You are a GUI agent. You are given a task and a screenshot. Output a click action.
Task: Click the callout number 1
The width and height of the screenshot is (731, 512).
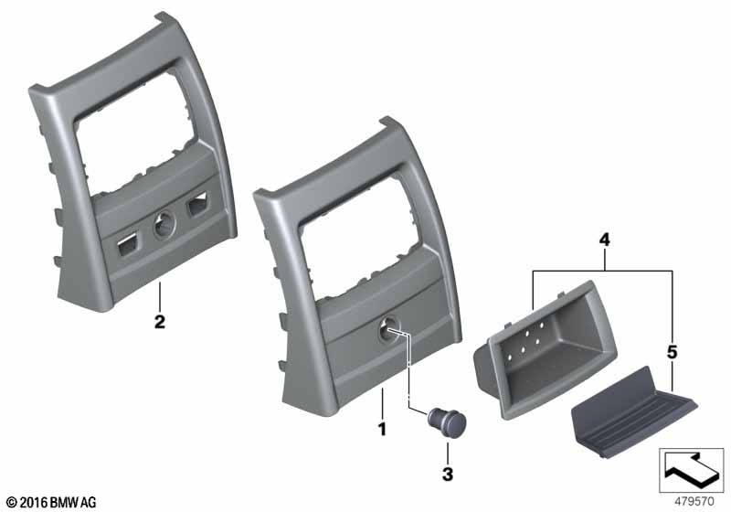coord(382,429)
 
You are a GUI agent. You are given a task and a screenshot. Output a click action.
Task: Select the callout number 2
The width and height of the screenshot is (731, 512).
coord(159,322)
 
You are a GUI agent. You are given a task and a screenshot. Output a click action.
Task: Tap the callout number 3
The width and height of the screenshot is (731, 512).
coord(448,475)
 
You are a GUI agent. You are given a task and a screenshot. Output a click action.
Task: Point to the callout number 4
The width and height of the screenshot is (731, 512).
coord(604,240)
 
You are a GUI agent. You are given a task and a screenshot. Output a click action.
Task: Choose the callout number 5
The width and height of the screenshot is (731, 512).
coord(672,352)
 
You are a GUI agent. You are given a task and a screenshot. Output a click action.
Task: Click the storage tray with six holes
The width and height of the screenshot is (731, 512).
coord(545,350)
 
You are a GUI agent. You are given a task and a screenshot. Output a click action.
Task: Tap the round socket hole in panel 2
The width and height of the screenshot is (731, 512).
coord(164,224)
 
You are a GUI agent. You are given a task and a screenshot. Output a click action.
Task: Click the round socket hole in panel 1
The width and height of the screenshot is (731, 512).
coord(388,328)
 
